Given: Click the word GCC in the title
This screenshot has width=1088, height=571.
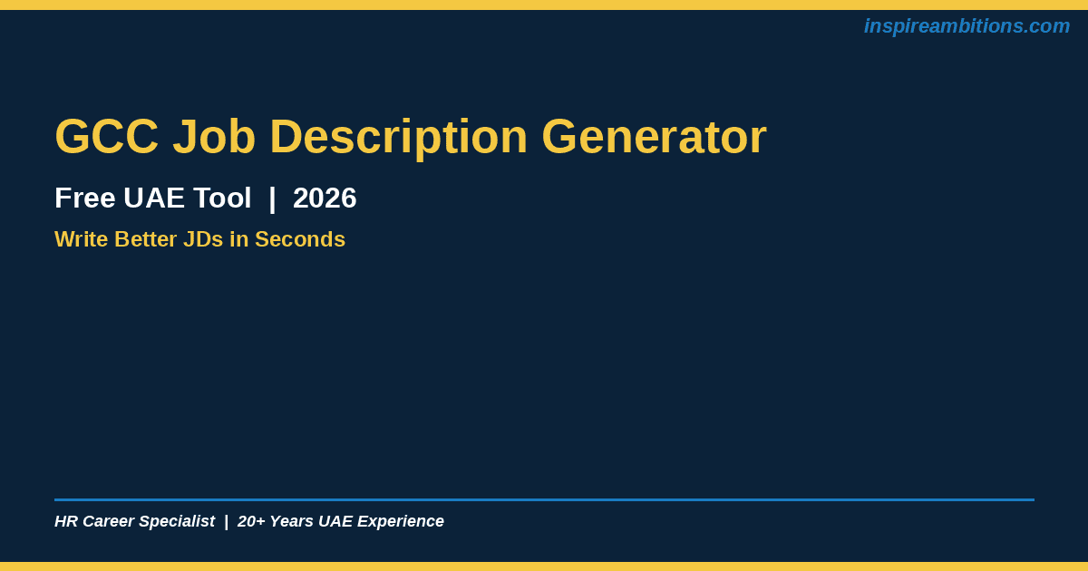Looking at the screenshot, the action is [x=107, y=137].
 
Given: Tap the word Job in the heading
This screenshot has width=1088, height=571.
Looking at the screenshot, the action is [x=214, y=137].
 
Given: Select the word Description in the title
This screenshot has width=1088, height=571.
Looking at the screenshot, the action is [x=399, y=139].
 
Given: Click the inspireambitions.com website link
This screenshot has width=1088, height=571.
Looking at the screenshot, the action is [x=967, y=26].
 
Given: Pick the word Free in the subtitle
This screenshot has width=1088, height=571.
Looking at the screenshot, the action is [x=85, y=198].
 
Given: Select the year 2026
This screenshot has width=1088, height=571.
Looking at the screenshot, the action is [x=325, y=198].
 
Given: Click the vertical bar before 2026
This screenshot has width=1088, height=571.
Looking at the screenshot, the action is [x=272, y=199].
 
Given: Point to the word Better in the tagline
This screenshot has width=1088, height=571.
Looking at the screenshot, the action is [x=146, y=239].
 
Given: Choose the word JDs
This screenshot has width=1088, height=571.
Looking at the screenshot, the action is [x=203, y=239].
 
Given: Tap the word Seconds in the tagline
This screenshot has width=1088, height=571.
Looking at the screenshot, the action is [x=300, y=239].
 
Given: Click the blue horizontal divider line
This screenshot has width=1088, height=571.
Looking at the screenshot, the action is [x=545, y=499].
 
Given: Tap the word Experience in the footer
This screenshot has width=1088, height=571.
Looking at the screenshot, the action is [x=401, y=522].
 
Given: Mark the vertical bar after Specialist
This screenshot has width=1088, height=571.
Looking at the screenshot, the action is [x=227, y=522].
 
